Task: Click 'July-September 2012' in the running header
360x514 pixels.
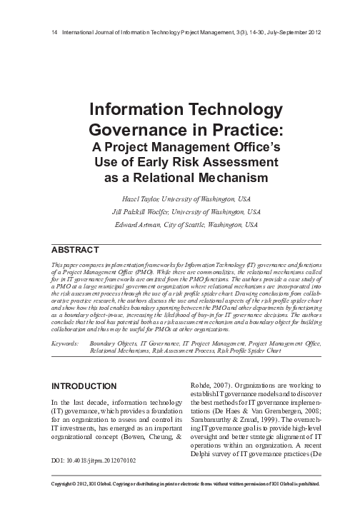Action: (284, 31)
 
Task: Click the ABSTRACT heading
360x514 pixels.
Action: (75, 251)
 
